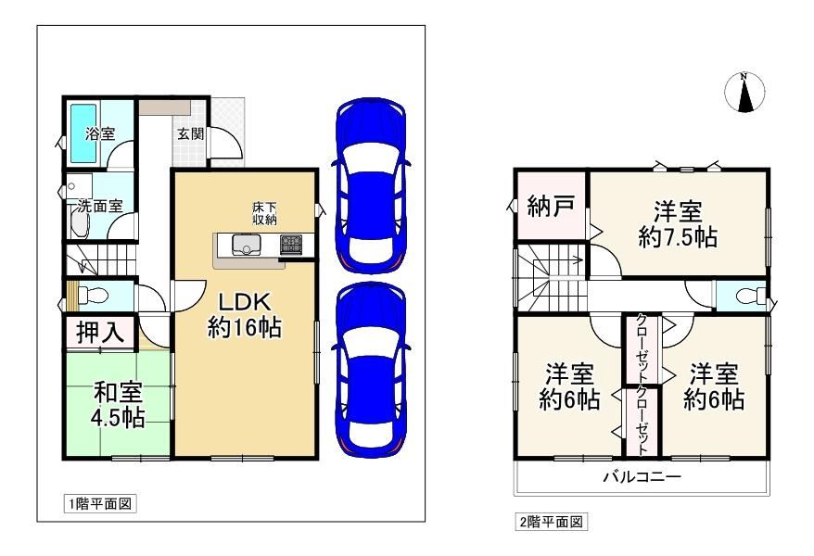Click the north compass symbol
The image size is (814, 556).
tap(745, 93)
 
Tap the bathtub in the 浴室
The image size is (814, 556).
tap(83, 133)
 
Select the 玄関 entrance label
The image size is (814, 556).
tap(191, 133)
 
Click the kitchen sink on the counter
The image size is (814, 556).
tap(247, 245)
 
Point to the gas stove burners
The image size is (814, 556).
tap(291, 245)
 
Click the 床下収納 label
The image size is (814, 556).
tap(264, 213)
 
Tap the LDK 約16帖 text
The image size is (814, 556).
tap(245, 315)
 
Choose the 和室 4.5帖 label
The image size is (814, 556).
tap(119, 405)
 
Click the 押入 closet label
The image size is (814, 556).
tap(100, 332)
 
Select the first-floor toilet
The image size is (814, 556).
tap(93, 296)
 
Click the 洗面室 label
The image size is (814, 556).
tap(100, 207)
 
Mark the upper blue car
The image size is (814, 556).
tap(371, 185)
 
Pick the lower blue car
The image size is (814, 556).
tap(371, 370)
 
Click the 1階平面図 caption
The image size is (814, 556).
tap(100, 503)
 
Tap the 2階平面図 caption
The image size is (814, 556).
tap(552, 522)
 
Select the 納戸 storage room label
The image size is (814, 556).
tap(551, 207)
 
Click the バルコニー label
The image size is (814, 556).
tap(642, 476)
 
